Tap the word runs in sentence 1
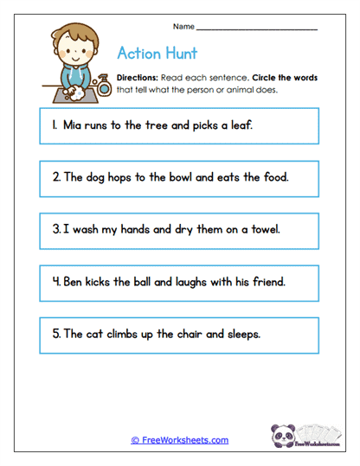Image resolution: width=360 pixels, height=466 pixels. click(93, 125)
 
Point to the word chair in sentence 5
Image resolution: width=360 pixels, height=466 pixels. click(195, 333)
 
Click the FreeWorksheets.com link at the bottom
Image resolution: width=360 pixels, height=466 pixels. click(180, 440)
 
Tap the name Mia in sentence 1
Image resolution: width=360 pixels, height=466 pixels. click(69, 125)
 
